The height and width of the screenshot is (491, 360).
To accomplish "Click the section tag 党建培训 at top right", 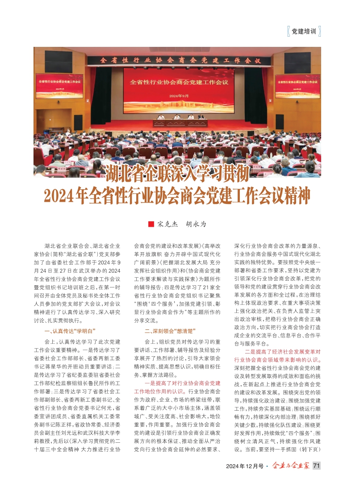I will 303,32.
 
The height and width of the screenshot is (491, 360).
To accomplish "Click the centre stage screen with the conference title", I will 179,89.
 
